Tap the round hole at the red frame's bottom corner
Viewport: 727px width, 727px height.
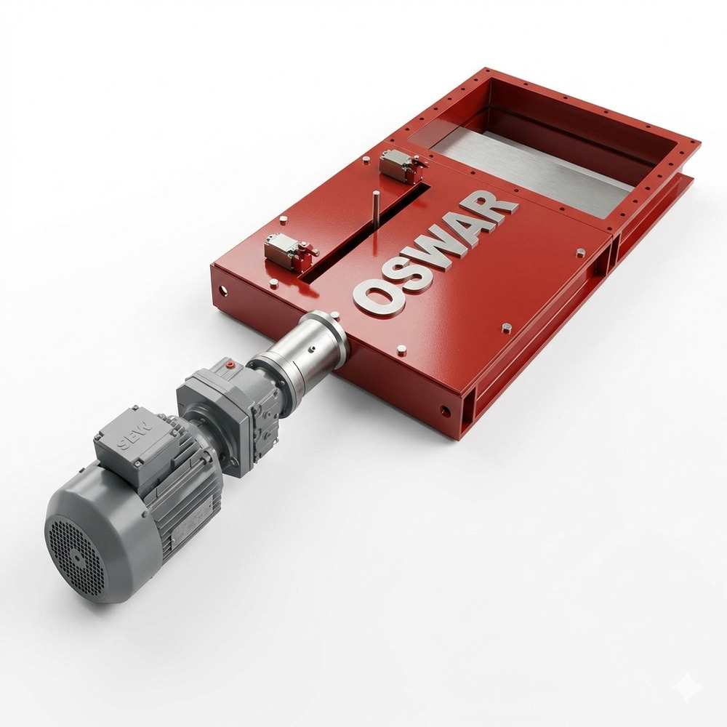pyautogui.click(x=445, y=411)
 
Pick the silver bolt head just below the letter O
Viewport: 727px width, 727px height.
pyautogui.click(x=402, y=350)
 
